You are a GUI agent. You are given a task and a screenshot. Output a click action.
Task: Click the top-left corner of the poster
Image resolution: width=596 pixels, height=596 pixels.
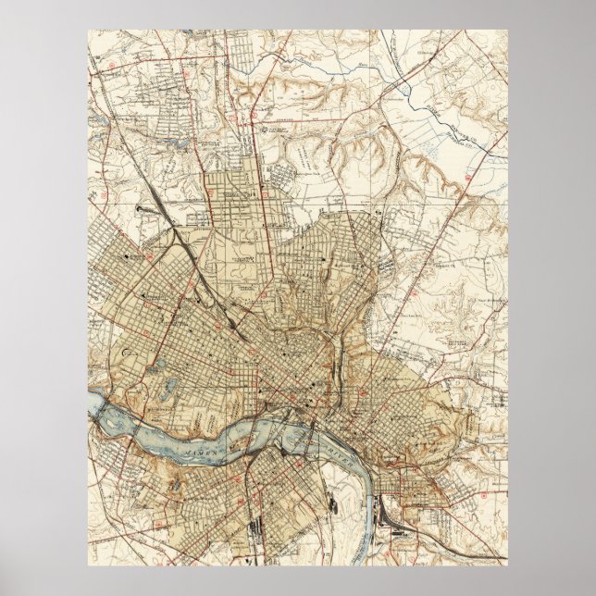click(89, 30)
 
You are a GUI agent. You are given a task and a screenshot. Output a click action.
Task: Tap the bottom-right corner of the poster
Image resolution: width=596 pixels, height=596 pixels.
click(507, 565)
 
